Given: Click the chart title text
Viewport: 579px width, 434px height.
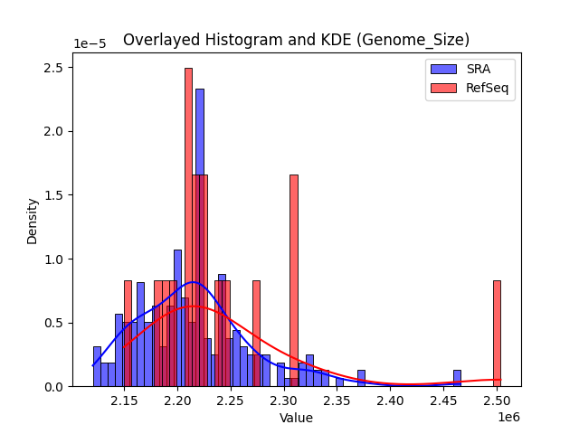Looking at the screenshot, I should (296, 40).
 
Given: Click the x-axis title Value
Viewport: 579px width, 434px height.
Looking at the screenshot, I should (296, 418).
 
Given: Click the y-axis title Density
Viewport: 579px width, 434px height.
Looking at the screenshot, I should (33, 222).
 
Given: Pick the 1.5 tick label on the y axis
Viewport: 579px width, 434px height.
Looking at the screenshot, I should (54, 195).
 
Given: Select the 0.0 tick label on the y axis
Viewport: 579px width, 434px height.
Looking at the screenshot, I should (54, 387).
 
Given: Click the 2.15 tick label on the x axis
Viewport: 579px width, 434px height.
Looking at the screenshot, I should (125, 401).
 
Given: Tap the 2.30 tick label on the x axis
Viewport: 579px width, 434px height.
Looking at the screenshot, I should (285, 401).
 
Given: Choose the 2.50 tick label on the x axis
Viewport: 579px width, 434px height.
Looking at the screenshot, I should (498, 401).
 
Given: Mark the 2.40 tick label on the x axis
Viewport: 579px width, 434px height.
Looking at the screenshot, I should (391, 401).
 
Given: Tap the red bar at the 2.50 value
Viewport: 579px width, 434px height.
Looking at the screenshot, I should (497, 335).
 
